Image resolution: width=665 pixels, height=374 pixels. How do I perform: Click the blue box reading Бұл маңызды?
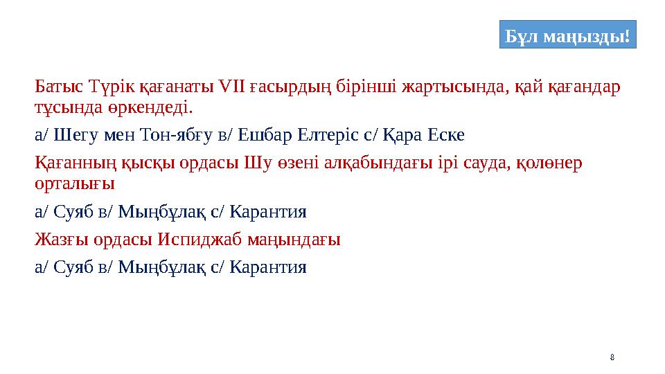(567, 35)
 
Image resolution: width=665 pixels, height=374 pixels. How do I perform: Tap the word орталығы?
(74, 184)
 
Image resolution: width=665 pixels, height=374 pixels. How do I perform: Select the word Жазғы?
(59, 240)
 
